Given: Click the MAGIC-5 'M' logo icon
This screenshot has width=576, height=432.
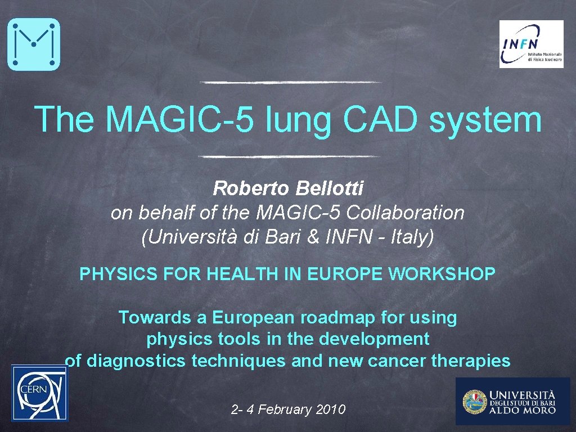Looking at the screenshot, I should click(33, 44).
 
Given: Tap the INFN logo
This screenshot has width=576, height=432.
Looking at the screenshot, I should click(531, 44).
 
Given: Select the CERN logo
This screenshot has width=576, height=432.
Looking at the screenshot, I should click(39, 392).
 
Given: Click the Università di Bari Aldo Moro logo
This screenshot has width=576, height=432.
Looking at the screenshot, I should click(512, 400).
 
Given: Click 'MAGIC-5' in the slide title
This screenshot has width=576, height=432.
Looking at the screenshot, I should click(184, 119).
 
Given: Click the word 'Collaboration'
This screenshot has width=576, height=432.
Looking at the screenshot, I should click(405, 213).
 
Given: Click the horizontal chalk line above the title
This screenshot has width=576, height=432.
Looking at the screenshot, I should click(290, 82).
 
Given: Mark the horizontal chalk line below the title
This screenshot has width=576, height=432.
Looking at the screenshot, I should click(289, 156).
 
